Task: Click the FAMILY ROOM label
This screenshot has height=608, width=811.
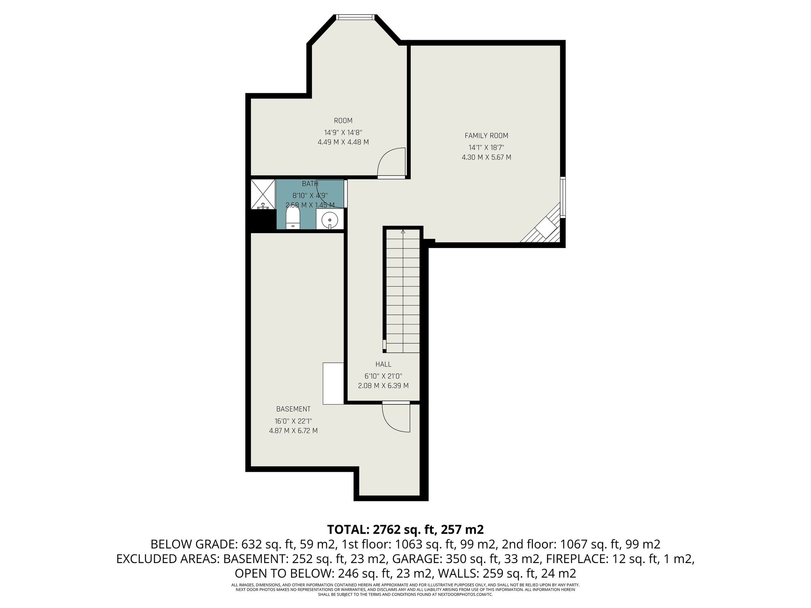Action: [486, 136]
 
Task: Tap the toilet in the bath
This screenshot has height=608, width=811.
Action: [292, 218]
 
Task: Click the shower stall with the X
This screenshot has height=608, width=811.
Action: [263, 194]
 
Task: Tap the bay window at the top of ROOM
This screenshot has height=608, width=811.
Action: [355, 17]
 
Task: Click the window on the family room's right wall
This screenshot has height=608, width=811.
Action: [563, 197]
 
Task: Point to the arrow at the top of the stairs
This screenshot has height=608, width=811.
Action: [403, 232]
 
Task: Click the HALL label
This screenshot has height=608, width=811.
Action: [383, 364]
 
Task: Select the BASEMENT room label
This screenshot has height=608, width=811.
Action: [293, 409]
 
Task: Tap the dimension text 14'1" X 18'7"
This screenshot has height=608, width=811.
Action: [486, 148]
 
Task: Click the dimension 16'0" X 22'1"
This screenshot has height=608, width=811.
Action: [293, 421]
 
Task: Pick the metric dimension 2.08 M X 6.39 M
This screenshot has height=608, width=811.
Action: [383, 386]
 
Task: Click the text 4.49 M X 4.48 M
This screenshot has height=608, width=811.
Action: [343, 142]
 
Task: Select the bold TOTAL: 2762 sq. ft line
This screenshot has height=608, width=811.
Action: [405, 529]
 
